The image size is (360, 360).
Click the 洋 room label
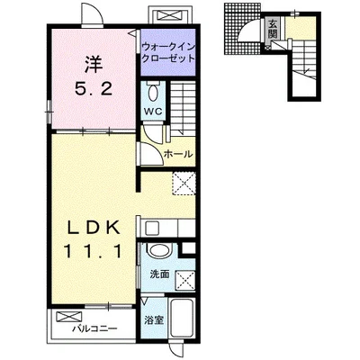[93, 64]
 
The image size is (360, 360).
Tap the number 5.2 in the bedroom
[94, 88]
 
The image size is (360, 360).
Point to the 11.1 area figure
[94, 251]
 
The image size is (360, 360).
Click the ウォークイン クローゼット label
[168, 52]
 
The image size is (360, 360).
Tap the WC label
[153, 112]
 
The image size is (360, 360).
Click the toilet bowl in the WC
[153, 92]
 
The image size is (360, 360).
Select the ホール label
[178, 154]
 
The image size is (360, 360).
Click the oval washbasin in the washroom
[159, 251]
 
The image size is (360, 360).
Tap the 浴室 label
[154, 320]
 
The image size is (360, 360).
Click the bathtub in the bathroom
[182, 319]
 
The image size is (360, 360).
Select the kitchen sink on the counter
[153, 229]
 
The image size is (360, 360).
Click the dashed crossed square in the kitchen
[184, 184]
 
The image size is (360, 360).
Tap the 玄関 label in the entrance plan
[273, 29]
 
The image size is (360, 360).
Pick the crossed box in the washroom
[184, 280]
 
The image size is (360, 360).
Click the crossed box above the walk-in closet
[171, 15]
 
